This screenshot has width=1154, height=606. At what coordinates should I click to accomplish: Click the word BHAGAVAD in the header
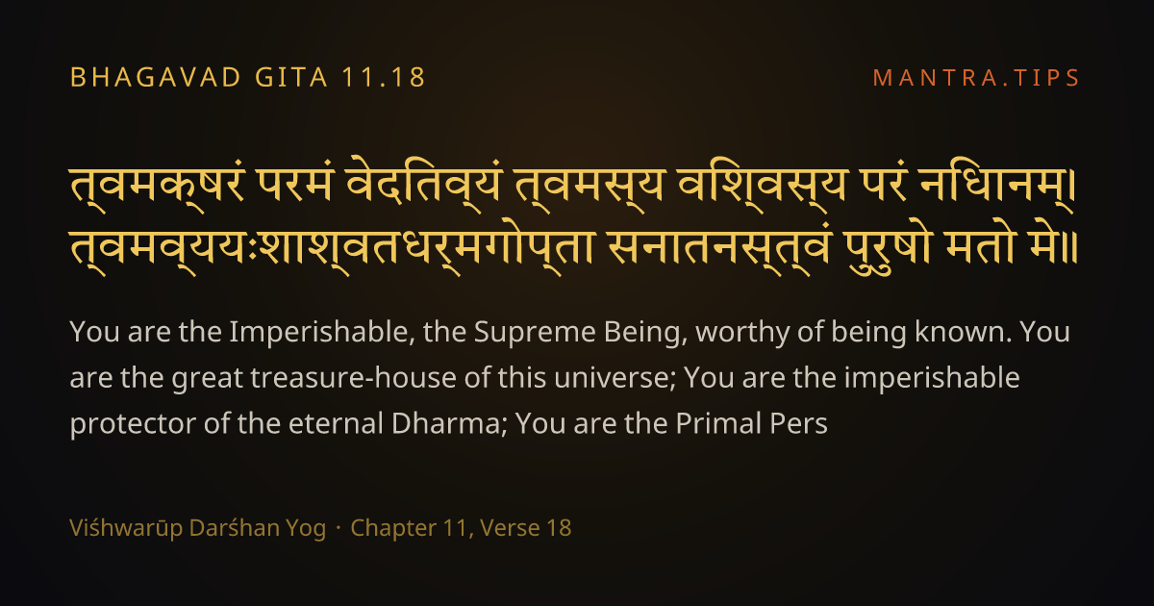(x=156, y=78)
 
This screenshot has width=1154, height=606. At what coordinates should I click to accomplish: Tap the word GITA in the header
(x=291, y=78)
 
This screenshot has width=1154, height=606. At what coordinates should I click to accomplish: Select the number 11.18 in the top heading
(x=384, y=78)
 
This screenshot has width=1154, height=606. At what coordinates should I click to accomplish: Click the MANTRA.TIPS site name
(x=976, y=78)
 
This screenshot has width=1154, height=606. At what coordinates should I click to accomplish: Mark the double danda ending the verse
(x=1070, y=248)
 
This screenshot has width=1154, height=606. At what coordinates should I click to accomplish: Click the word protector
(x=133, y=424)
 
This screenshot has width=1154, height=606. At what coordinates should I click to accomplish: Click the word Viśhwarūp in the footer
(x=126, y=528)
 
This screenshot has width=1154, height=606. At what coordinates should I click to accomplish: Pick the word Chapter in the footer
(x=393, y=528)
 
